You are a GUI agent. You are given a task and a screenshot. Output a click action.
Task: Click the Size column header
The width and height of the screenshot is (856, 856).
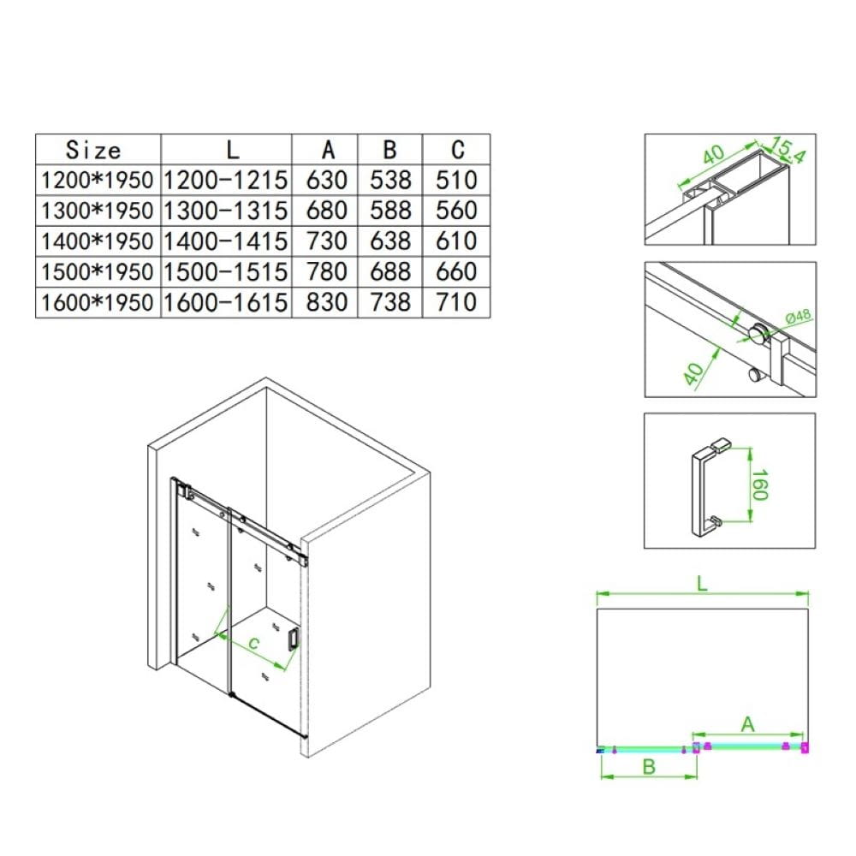(x=92, y=150)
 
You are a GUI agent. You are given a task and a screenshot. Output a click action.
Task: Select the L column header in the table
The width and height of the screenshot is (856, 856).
(x=233, y=149)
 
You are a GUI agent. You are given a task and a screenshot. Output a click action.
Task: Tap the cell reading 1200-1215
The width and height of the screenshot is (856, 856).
(x=225, y=180)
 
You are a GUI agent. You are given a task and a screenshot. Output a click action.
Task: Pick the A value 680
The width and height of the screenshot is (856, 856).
(x=326, y=211)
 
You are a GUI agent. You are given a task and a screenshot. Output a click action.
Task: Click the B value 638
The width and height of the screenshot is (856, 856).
(x=389, y=241)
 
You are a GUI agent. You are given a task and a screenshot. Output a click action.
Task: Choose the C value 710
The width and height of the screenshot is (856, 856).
(x=456, y=302)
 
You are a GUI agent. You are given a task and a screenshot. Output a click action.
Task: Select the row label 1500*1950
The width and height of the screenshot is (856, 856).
(x=98, y=271)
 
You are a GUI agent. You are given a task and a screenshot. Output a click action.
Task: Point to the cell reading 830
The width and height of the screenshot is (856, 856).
(x=326, y=302)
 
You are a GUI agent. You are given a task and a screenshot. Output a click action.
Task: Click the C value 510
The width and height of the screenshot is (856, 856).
(x=456, y=180)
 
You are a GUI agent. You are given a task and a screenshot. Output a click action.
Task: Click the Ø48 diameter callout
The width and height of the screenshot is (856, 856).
(x=798, y=316)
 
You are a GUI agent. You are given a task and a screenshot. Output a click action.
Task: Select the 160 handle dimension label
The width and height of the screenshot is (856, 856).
(x=760, y=484)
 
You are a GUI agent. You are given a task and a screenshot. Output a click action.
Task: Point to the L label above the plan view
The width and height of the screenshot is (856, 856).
(x=702, y=584)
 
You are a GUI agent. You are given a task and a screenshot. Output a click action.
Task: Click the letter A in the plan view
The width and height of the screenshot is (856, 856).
(x=747, y=724)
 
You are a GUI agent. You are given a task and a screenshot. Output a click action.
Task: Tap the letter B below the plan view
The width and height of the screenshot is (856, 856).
(x=649, y=767)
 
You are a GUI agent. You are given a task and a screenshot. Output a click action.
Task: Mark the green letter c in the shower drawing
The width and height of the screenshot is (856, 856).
(x=253, y=644)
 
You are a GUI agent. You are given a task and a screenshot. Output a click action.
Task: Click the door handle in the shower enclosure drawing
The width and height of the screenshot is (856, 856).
(x=293, y=639)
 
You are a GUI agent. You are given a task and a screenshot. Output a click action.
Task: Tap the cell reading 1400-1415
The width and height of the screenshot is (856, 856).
(x=225, y=241)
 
